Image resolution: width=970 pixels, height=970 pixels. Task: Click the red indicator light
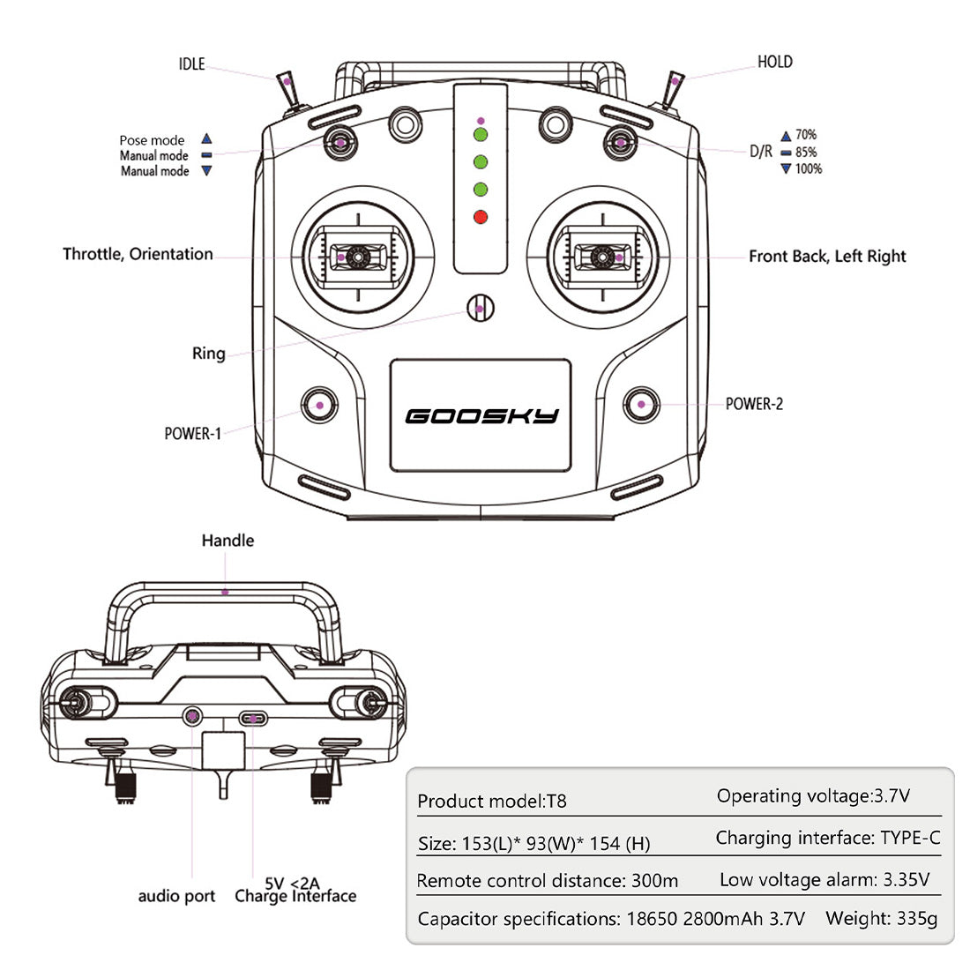[x=481, y=217]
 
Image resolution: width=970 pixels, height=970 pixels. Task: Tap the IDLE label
[x=191, y=63]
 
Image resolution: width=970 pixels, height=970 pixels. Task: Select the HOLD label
[x=775, y=62]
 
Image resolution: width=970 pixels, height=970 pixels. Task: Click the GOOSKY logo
[x=481, y=415]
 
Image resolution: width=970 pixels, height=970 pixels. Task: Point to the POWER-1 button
[x=318, y=405]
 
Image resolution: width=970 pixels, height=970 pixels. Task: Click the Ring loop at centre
[x=480, y=308]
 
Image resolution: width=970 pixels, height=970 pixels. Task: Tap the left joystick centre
[x=358, y=257]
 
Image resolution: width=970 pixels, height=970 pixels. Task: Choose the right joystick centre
[x=603, y=257]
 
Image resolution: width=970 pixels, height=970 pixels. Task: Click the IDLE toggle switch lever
[x=287, y=87]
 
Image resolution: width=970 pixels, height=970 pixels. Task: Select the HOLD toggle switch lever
[x=674, y=87]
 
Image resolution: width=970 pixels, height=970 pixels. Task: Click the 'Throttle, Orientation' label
[x=138, y=254]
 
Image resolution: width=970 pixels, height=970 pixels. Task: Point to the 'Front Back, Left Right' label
[x=827, y=256]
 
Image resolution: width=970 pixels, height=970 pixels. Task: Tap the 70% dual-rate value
[x=806, y=135]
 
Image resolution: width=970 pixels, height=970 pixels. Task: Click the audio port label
[x=176, y=896]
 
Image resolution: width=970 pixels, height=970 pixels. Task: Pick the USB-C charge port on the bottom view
[x=254, y=719]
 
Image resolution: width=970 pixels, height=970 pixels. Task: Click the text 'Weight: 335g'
[x=882, y=918]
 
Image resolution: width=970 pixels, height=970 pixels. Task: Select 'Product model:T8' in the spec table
[x=492, y=801]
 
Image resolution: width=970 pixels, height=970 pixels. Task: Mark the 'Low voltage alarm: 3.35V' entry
[x=824, y=879]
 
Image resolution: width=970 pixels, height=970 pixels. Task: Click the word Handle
[x=228, y=541]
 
